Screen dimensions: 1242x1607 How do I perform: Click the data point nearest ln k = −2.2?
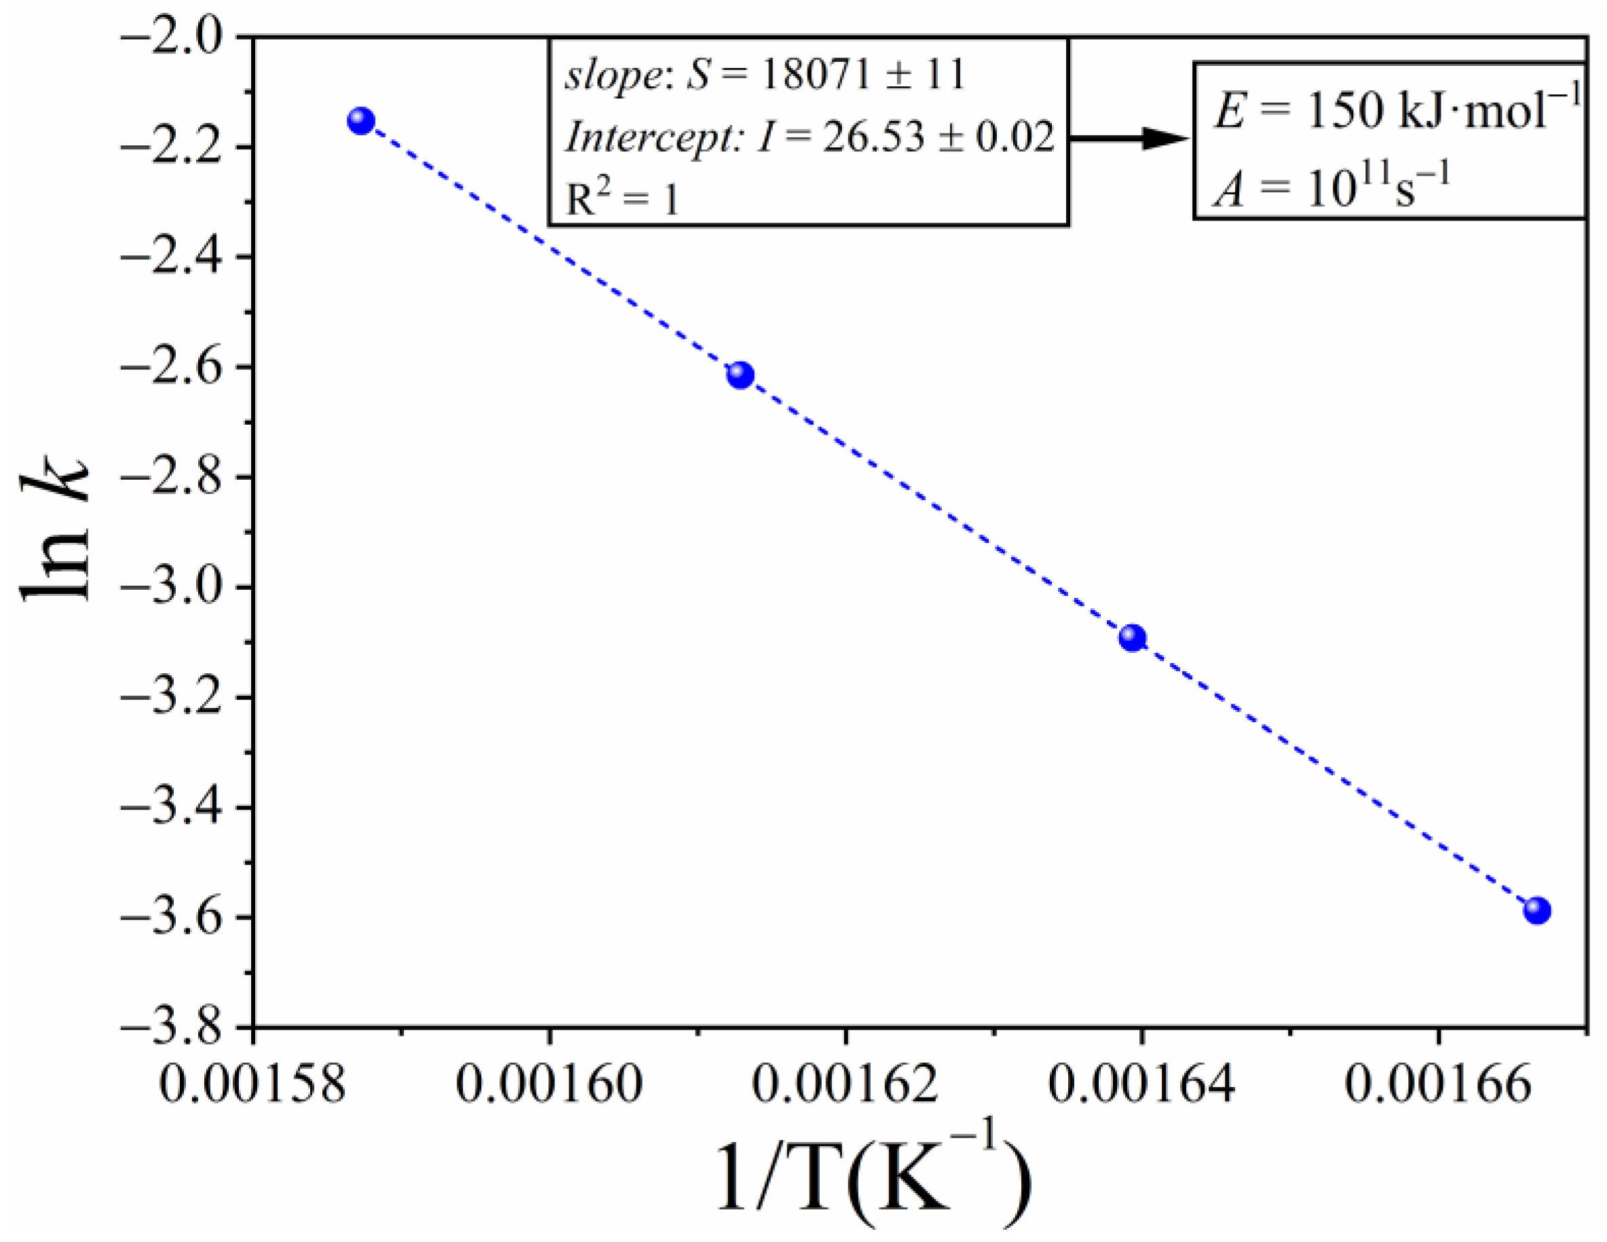(361, 120)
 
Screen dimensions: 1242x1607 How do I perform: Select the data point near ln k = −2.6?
(740, 375)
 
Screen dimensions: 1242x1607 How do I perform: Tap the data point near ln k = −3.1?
(1133, 637)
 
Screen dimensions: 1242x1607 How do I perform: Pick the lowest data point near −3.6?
(1537, 910)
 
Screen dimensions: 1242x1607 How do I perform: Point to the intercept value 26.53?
(873, 138)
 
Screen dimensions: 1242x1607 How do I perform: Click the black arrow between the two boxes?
(1129, 138)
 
